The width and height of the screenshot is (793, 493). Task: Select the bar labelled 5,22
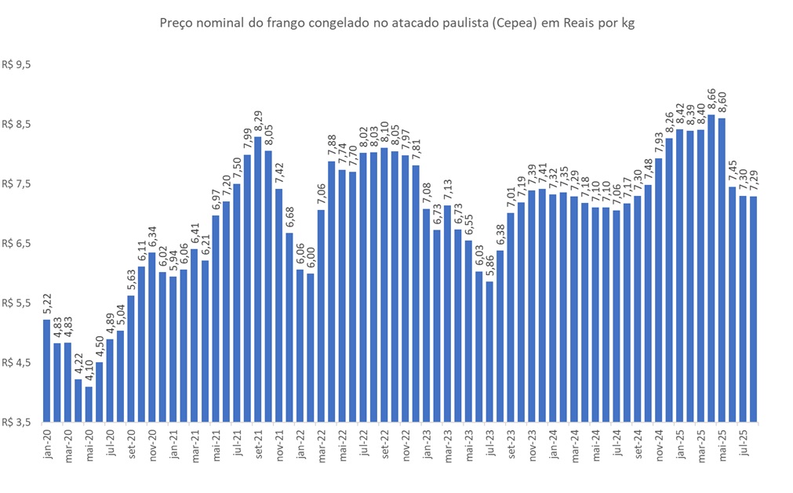click(x=46, y=370)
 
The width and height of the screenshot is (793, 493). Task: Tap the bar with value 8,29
click(x=257, y=279)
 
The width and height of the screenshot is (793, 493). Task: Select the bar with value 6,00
click(x=310, y=347)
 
